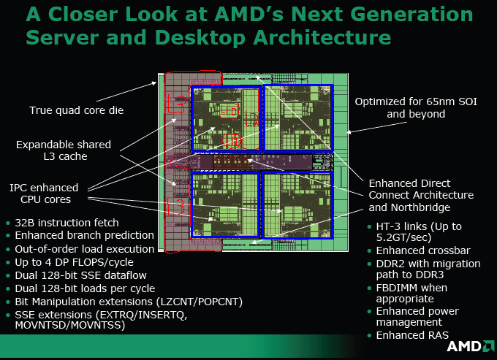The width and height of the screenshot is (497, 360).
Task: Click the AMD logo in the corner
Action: point(471,346)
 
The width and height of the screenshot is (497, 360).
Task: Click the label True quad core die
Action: point(77,110)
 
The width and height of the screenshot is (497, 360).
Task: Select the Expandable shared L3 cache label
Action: point(64,150)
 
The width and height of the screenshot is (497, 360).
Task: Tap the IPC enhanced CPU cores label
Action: point(44,194)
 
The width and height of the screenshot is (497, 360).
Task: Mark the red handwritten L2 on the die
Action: point(251,119)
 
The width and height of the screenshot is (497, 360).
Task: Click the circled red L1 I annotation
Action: point(232,141)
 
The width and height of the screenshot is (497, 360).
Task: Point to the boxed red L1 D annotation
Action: point(229,110)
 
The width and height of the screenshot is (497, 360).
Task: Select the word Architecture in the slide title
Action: point(322,37)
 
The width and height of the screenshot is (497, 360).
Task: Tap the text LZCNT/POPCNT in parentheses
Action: point(200,302)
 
